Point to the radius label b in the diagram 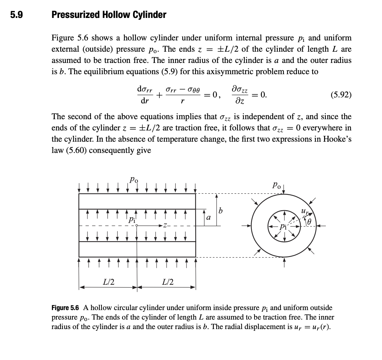click(221, 211)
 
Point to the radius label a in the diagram click(208, 218)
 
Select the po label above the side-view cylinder click(134, 180)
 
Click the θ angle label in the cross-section click(309, 222)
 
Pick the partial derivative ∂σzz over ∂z click(240, 95)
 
